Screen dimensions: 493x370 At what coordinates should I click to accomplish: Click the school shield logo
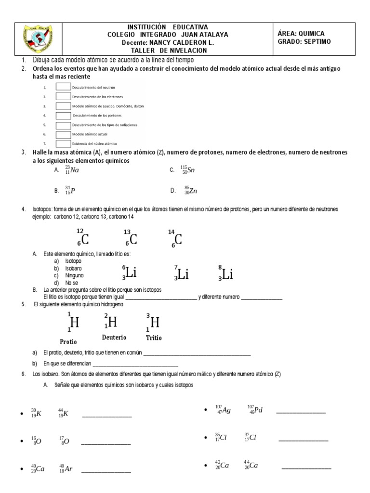coord(37,38)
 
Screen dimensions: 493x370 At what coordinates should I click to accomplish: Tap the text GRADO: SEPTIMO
coord(304,41)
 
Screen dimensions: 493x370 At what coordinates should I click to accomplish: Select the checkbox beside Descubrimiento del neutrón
coord(63,87)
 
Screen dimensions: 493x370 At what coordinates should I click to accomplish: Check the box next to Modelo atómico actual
coord(63,134)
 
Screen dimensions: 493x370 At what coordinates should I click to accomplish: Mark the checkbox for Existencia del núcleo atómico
coord(63,143)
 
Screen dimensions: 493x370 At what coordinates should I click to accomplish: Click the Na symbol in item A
coord(74,170)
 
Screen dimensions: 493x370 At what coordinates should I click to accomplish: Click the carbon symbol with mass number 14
coord(178,239)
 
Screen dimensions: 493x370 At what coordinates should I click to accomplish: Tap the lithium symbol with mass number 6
coord(131,273)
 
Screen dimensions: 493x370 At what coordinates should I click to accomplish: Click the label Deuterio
coord(114,337)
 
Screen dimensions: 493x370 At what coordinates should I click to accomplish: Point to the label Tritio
coord(154,337)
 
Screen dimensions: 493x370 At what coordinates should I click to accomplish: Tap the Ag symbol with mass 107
coord(225,411)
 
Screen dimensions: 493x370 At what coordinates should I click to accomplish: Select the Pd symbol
coord(258,411)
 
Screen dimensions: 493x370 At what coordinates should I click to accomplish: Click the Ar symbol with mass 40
coord(68,468)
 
